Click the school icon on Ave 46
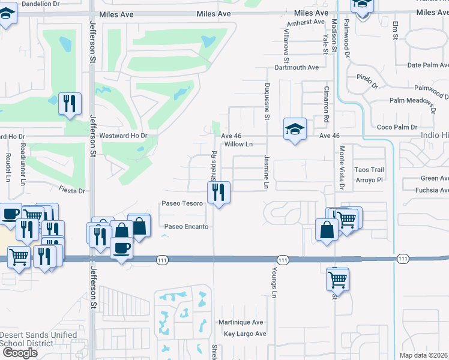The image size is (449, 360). [x=295, y=129]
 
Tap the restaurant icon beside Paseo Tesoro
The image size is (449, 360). [x=218, y=193]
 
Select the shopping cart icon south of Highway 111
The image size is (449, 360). [x=337, y=278]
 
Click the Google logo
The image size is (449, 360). [x=20, y=353]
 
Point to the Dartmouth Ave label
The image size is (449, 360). [x=297, y=68]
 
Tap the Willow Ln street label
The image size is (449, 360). [x=238, y=145]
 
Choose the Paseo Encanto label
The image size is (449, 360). [x=187, y=227]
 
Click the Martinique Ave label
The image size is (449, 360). [x=241, y=322]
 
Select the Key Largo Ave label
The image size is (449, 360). [x=244, y=334]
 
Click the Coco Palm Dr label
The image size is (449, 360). [x=396, y=127]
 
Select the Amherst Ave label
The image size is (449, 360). [x=306, y=22]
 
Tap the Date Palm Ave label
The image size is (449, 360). [x=427, y=65]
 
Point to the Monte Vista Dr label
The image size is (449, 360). [x=342, y=169]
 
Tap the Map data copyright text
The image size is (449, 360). [x=424, y=355]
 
